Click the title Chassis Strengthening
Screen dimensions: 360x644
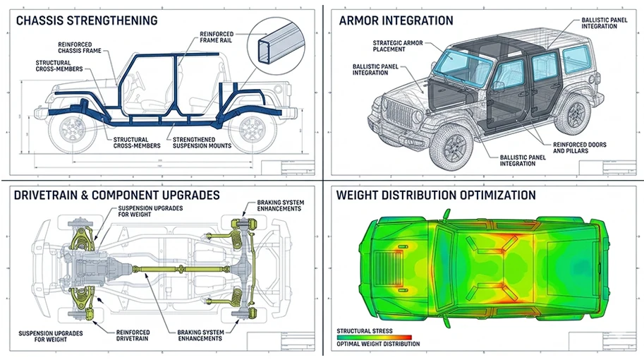[85, 20]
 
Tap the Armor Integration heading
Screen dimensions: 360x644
[396, 20]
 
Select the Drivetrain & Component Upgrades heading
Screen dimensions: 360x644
[116, 195]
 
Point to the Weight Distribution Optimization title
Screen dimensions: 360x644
[436, 195]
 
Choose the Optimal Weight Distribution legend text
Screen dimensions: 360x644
[378, 344]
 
